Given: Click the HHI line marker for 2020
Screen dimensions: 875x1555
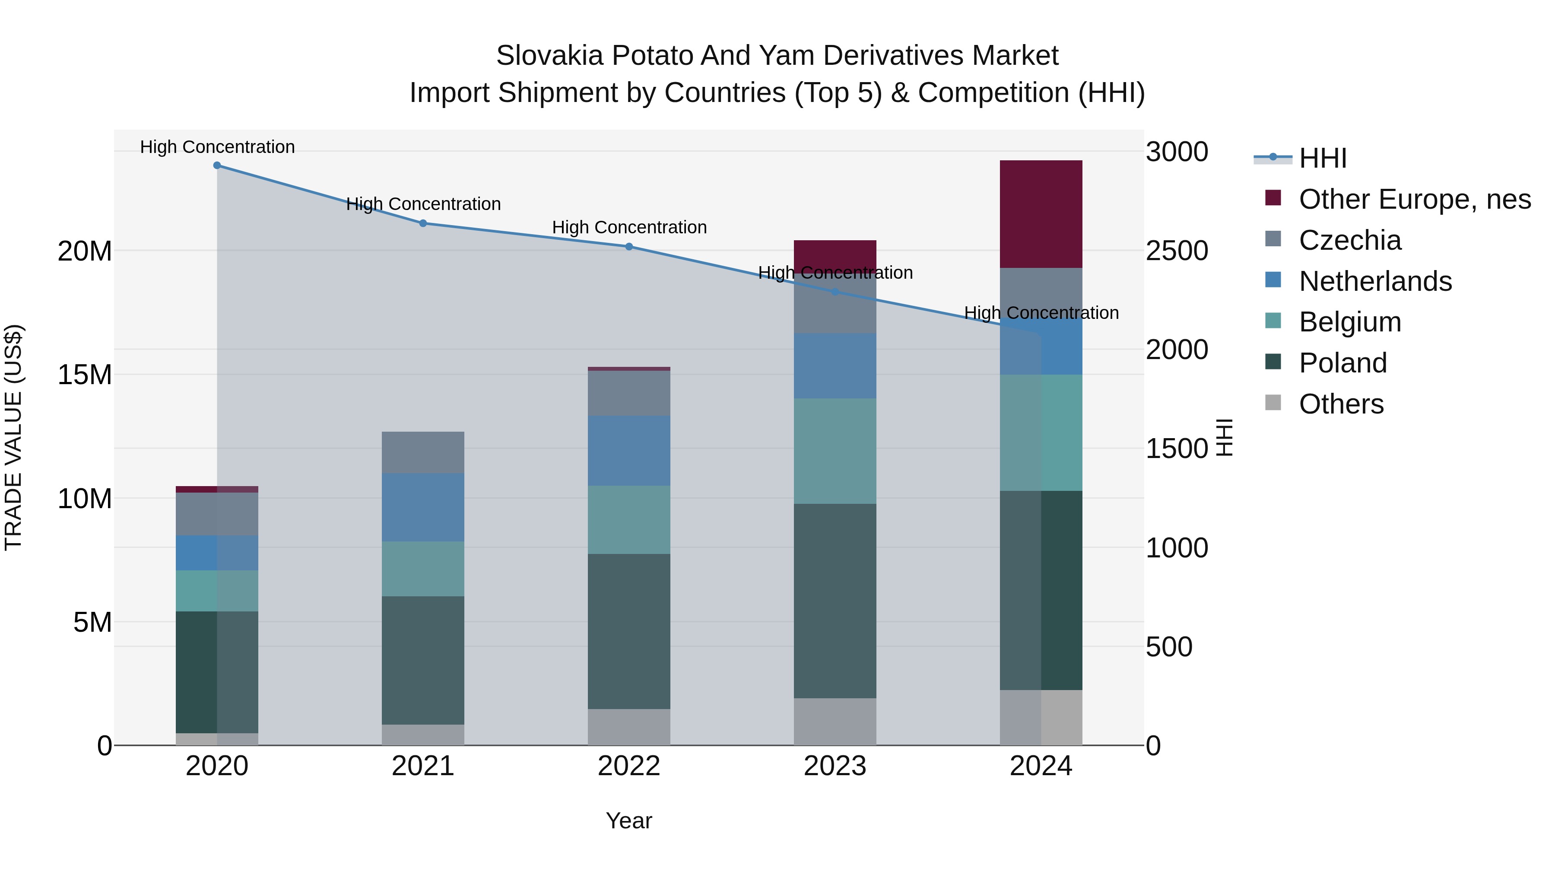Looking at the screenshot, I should pos(217,165).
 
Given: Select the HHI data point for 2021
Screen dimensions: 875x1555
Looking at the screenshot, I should pos(423,223).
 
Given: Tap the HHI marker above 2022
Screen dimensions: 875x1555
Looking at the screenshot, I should pos(629,246).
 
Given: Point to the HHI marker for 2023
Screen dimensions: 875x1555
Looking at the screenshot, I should pos(835,292).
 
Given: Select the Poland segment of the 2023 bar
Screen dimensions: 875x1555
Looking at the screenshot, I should pos(835,601).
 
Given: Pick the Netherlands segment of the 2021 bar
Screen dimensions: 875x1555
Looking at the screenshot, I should pos(423,507).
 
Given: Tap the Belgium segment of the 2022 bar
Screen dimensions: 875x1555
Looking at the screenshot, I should pos(629,520).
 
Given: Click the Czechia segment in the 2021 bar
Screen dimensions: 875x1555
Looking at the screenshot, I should pos(423,452).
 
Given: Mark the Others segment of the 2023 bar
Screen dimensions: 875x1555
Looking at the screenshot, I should pos(835,722).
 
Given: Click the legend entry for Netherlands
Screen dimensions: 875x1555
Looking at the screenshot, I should pos(1375,281).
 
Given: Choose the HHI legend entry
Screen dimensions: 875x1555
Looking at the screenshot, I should pos(1322,158).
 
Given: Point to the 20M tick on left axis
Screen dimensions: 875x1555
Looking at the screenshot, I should pos(85,251).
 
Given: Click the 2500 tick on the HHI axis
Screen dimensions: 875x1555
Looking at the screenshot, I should pos(1177,251).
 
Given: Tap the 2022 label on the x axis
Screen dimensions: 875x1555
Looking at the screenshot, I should pos(629,766).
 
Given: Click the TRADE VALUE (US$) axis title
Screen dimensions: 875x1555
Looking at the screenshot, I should pos(13,437).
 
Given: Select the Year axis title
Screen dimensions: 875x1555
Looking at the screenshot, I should pos(629,821).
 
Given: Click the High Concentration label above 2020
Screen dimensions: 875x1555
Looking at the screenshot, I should pos(217,147).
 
